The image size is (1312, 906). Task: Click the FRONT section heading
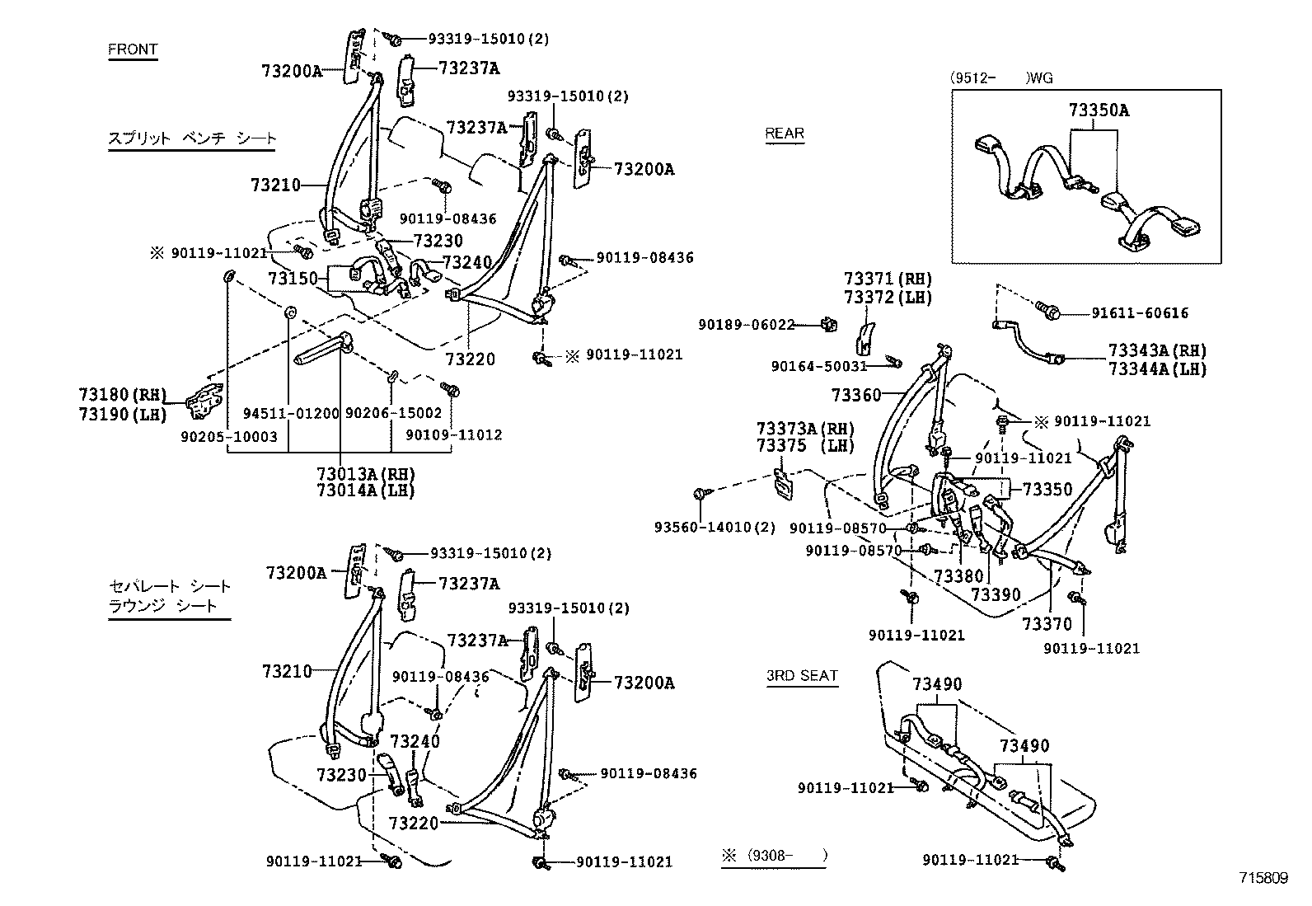133,49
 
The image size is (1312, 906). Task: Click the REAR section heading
785,134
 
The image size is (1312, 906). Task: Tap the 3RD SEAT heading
802,676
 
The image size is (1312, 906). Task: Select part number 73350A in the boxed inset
1099,110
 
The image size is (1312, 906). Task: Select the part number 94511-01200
291,413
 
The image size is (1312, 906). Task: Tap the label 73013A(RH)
365,474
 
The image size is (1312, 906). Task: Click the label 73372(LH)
888,298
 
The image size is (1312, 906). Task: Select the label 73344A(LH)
1157,369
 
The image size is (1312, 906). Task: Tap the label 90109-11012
453,435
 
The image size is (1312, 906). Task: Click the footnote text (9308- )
786,856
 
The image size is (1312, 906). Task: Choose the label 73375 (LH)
805,445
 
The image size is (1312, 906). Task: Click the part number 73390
996,595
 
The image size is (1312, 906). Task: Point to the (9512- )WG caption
1000,78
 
